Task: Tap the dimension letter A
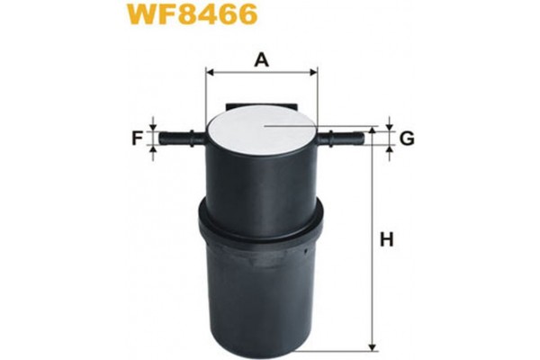(261, 59)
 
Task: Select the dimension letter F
(138, 139)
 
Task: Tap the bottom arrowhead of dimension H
(370, 343)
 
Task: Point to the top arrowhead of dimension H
(370, 133)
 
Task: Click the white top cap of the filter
(261, 131)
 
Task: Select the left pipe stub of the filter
(183, 139)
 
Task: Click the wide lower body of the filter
(261, 288)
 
